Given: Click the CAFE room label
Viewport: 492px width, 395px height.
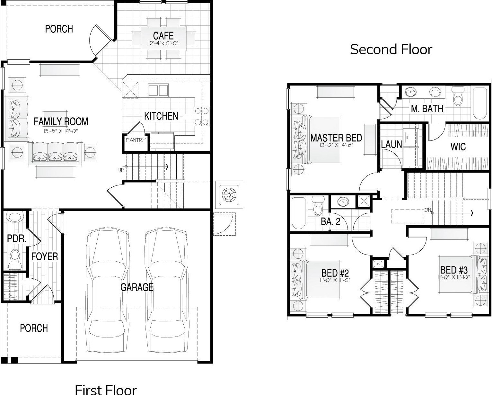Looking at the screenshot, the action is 163,36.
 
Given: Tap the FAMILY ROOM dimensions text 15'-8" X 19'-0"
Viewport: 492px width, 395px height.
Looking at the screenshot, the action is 61,131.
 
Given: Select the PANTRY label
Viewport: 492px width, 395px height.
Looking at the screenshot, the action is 136,140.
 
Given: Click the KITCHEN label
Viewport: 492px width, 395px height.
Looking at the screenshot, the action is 161,116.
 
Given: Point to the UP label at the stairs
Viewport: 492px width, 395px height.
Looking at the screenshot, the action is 121,170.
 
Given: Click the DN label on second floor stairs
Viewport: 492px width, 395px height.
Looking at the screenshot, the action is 427,210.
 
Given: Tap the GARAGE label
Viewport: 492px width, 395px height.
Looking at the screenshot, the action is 137,287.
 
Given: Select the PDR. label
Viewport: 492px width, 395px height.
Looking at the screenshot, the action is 17,239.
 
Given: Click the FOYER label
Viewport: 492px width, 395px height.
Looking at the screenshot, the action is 45,256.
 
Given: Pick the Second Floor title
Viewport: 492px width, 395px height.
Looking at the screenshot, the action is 391,49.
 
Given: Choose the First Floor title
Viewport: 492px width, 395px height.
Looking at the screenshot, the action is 106,389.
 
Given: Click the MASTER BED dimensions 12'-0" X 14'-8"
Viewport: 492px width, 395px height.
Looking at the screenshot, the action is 336,145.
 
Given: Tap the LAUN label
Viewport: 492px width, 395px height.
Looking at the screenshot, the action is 391,144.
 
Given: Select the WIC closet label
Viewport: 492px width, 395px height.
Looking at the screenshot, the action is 458,147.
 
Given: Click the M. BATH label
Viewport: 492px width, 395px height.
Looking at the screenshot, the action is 427,109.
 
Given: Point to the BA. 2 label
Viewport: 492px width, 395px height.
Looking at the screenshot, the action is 330,221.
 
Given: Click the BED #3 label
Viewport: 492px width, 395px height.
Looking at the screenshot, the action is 454,270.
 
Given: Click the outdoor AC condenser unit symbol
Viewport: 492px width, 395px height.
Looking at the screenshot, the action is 229,195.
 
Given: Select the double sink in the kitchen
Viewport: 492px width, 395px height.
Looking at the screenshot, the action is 158,90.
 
